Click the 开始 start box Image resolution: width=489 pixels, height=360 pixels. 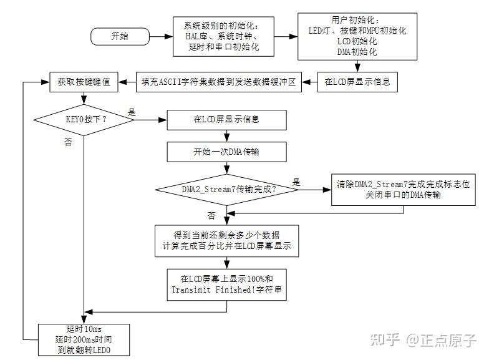click(120, 36)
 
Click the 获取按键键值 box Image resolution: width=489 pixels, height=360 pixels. click(84, 81)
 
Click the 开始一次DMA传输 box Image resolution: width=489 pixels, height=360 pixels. click(226, 152)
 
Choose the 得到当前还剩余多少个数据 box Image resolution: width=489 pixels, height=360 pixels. click(226, 240)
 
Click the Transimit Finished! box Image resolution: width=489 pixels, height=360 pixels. click(226, 284)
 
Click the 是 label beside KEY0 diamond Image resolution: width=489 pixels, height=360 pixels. click(132, 112)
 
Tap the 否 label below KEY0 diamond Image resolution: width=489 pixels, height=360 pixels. click(68, 142)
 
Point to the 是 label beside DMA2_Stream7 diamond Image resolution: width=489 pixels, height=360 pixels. click(296, 182)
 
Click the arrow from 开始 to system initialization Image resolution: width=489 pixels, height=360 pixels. click(158, 36)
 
